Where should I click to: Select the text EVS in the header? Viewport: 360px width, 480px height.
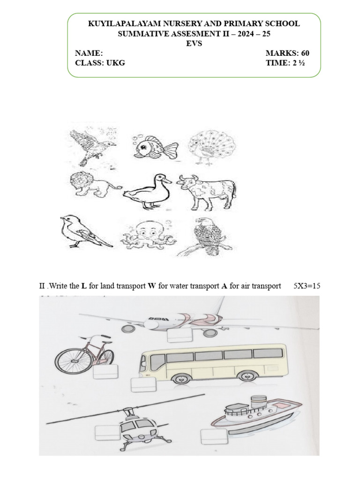(x=194, y=43)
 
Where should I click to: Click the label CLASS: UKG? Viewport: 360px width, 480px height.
(x=100, y=63)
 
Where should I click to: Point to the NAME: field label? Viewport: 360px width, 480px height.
(x=86, y=53)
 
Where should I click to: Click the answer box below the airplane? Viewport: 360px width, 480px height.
(x=180, y=336)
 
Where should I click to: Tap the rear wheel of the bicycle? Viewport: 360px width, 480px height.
(x=68, y=361)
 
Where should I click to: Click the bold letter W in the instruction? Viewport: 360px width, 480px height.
(x=151, y=286)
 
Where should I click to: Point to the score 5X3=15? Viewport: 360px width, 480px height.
(x=307, y=286)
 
